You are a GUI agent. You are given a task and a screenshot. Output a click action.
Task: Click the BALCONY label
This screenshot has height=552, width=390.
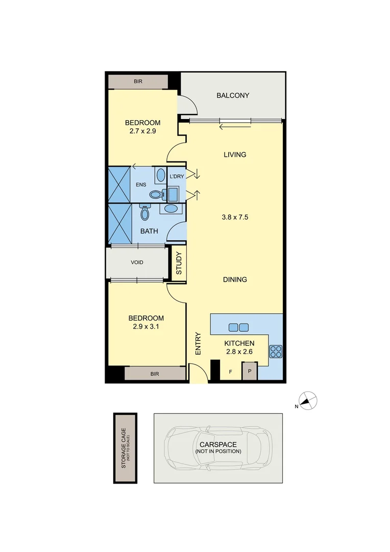[233, 96]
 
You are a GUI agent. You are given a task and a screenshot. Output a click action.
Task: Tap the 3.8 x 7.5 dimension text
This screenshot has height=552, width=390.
[234, 217]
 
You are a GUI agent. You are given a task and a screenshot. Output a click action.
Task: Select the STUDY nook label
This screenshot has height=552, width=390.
[179, 264]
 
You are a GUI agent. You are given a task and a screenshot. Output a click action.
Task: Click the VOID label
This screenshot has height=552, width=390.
[137, 262]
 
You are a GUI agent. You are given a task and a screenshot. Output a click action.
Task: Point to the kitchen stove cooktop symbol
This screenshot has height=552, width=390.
[276, 352]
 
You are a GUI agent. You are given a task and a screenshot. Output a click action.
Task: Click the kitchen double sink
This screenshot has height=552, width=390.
[238, 328]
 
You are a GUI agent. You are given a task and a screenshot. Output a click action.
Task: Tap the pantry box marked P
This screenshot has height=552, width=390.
[250, 372]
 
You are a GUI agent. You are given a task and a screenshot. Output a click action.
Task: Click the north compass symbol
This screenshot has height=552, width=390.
[308, 401]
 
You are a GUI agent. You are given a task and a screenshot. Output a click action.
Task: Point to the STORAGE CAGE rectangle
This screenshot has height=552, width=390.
[125, 448]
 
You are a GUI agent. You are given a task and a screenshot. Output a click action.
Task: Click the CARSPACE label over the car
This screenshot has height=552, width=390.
[218, 445]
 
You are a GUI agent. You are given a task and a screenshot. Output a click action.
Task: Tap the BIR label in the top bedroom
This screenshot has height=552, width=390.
[138, 81]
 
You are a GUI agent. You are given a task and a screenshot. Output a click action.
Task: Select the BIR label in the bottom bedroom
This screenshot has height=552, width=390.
[155, 374]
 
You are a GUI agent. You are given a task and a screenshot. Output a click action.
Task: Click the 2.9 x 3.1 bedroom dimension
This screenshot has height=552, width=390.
[146, 327]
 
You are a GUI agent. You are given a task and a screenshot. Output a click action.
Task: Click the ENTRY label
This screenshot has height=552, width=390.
[198, 344]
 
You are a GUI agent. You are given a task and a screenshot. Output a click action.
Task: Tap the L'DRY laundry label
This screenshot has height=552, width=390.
[176, 176]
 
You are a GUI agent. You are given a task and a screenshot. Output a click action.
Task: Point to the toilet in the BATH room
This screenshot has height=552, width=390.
[144, 213]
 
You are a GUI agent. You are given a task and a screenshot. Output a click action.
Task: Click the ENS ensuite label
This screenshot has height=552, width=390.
[141, 185]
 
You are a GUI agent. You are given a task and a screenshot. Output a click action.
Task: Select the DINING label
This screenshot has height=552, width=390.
[235, 280]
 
